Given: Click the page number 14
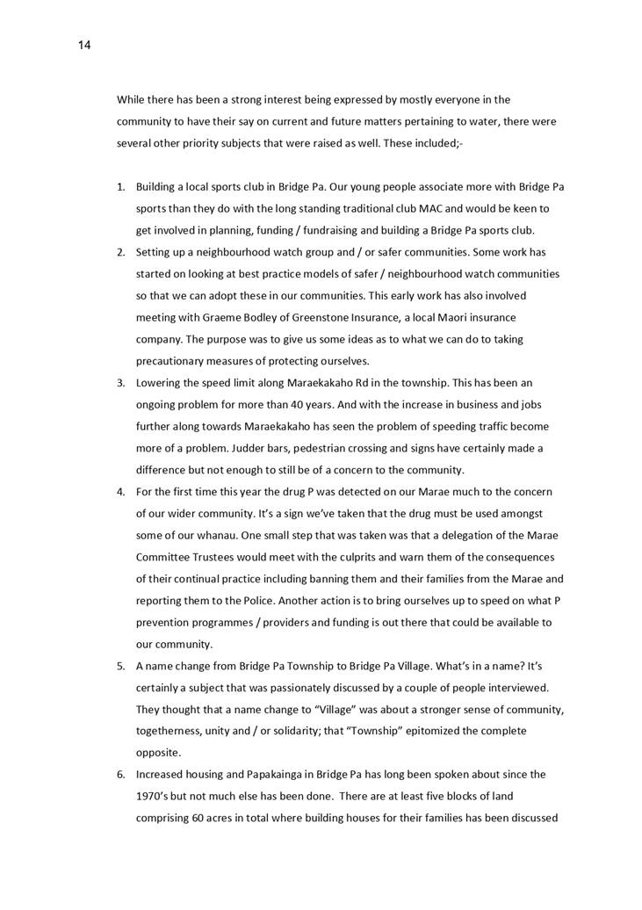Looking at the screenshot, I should (83, 45).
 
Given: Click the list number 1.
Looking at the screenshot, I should (121, 187).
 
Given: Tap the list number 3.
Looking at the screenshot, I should (121, 383).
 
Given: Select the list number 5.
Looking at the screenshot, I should (121, 666).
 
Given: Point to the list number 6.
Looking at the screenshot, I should (121, 775).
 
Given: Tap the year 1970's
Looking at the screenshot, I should (155, 797).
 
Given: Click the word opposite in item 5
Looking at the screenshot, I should (158, 753).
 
